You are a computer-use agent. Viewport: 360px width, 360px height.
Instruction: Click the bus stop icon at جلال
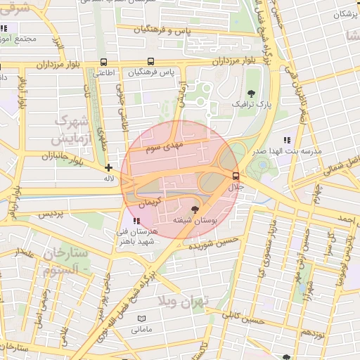coord(235,176)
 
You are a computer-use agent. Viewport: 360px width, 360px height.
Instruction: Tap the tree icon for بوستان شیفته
coord(195,209)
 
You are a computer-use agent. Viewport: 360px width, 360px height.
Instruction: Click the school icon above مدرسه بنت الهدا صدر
coord(286,140)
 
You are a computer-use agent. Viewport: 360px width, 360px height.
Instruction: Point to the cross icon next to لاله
coord(108,167)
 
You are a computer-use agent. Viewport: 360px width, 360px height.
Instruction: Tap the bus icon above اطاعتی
coord(104,62)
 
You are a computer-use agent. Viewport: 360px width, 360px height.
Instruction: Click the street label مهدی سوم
coord(163,148)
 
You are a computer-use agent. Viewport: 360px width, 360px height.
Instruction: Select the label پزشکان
coord(345,14)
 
